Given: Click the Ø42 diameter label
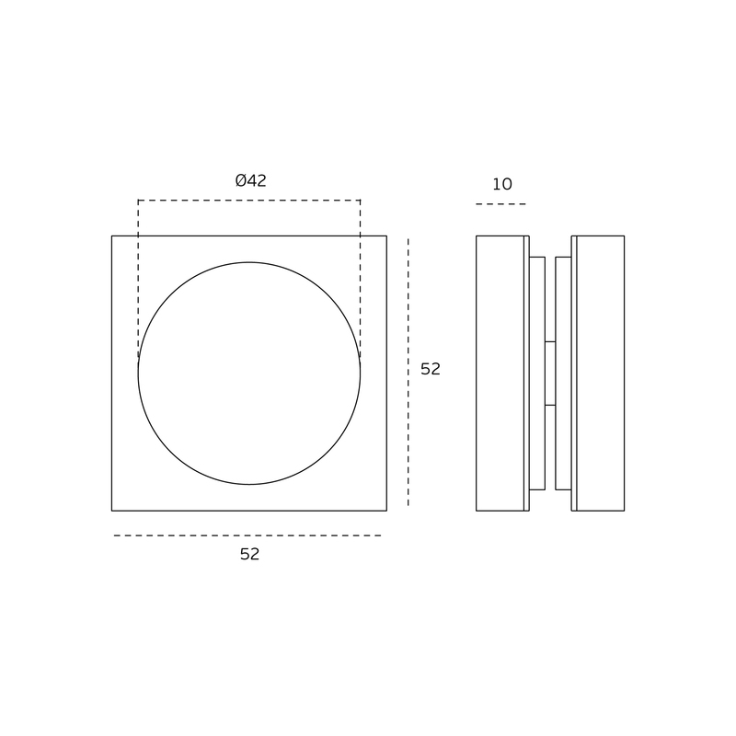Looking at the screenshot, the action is [250, 180].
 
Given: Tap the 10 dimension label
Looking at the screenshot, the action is [501, 184].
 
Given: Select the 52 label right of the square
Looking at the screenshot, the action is [431, 369].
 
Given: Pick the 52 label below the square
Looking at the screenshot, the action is [249, 555].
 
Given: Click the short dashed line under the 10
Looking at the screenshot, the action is [500, 204].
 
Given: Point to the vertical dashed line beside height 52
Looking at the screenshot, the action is [408, 373].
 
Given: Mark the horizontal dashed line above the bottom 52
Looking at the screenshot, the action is [247, 535].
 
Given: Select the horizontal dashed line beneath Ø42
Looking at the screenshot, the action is [249, 201].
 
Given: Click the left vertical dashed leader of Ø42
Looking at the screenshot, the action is [139, 279].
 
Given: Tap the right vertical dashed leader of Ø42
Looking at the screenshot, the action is [360, 279].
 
